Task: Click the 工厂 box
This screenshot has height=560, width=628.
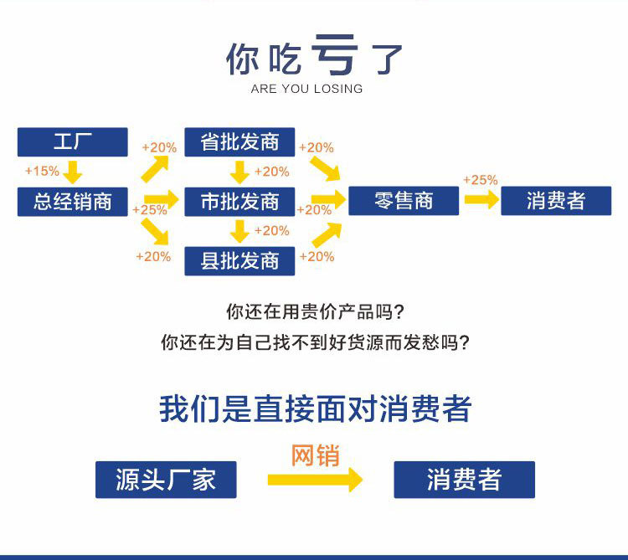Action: click(x=73, y=142)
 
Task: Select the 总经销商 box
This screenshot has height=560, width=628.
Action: click(x=73, y=202)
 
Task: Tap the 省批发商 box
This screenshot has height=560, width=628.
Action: click(x=240, y=142)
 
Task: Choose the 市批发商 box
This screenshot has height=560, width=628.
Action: click(x=240, y=202)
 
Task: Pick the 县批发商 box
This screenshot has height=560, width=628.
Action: click(x=240, y=261)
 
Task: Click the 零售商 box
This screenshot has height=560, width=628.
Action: click(x=404, y=202)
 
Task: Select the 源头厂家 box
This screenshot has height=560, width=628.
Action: click(x=166, y=480)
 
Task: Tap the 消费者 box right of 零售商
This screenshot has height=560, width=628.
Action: click(x=556, y=202)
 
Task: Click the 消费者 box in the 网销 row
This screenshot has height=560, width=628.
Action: click(x=464, y=480)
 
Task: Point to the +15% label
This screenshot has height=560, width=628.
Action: click(x=42, y=172)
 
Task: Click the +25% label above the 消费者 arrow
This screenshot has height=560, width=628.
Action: click(x=480, y=180)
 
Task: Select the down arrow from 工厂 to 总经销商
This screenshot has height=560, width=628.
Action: click(x=73, y=172)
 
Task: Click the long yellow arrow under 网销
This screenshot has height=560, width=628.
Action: click(x=315, y=480)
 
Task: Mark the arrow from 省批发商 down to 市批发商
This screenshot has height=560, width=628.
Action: click(x=240, y=172)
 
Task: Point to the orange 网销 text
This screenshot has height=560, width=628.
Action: click(x=315, y=456)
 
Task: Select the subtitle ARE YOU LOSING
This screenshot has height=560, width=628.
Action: click(x=306, y=89)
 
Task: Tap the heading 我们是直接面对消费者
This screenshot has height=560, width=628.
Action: click(x=315, y=409)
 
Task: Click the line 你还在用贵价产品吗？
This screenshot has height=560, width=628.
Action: click(x=315, y=313)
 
